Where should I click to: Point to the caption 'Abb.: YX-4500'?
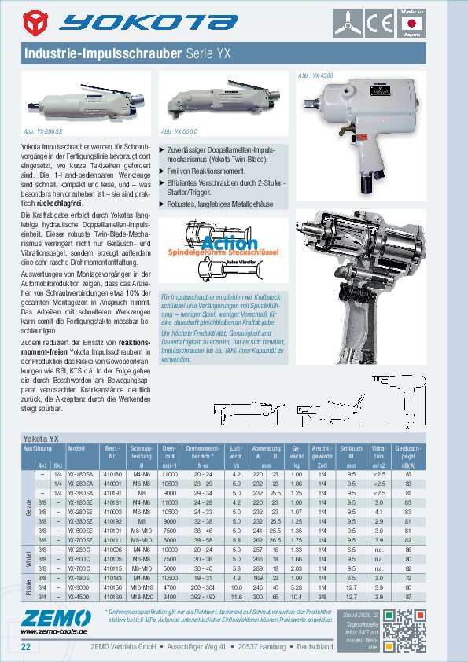click(316, 74)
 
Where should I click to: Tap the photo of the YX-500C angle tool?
click(220, 101)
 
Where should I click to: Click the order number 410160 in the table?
click(113, 595)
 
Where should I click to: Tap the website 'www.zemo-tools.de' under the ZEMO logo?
click(53, 631)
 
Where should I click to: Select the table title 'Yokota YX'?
click(43, 436)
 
